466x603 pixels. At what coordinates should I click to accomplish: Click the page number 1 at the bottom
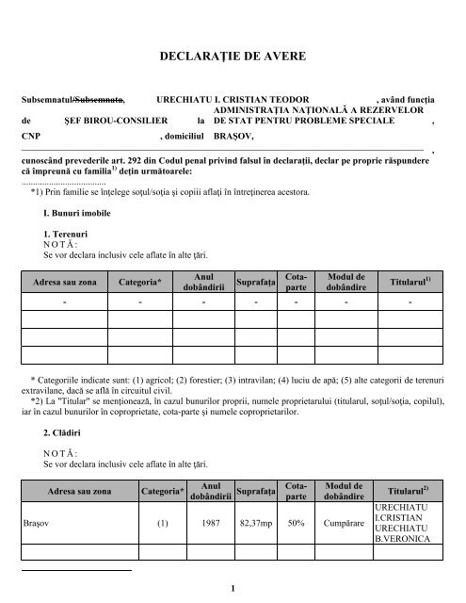232,589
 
